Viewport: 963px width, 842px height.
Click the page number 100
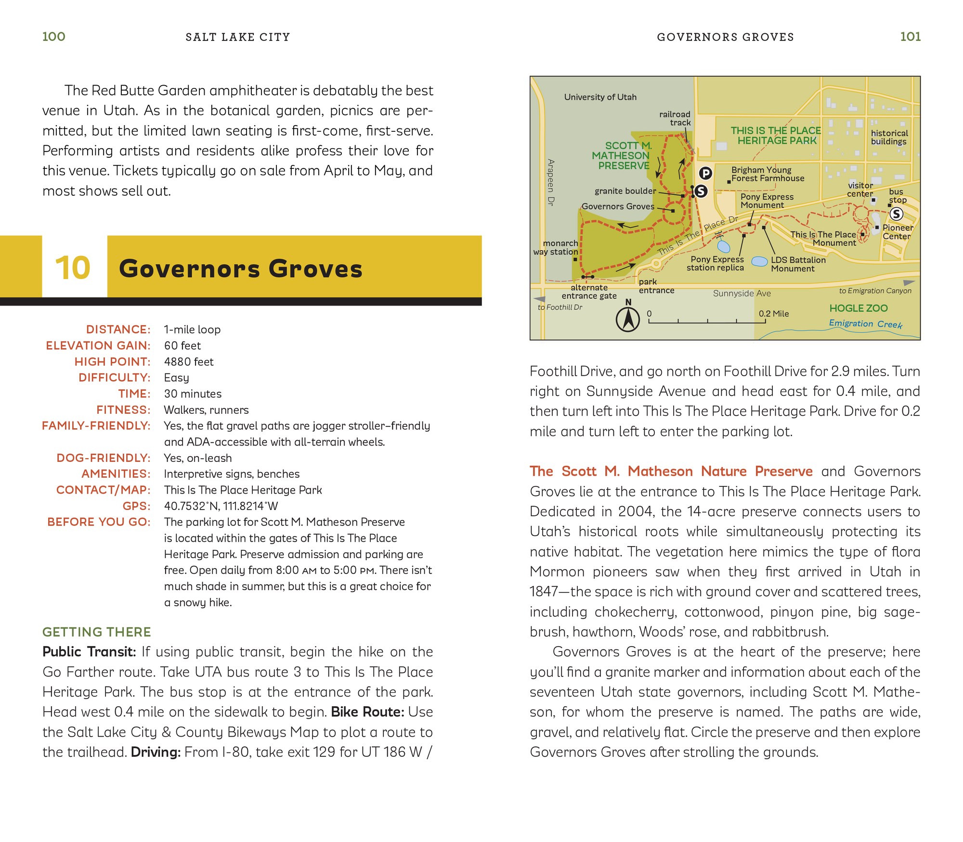[53, 37]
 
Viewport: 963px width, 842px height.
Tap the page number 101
[910, 37]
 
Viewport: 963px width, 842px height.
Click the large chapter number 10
[73, 268]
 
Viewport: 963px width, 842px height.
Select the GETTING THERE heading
[97, 632]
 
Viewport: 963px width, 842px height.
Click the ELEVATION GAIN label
[98, 345]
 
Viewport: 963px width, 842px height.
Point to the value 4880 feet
[189, 362]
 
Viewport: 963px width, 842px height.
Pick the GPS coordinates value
[221, 506]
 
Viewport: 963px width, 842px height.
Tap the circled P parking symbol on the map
[705, 173]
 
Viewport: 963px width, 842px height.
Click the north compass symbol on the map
[628, 319]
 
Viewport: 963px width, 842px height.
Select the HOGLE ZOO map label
[858, 308]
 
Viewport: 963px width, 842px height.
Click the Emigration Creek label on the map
[865, 324]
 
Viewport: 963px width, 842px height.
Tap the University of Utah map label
[600, 97]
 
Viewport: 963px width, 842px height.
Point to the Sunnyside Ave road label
[742, 293]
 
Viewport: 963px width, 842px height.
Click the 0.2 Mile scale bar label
[774, 314]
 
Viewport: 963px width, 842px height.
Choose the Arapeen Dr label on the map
[551, 182]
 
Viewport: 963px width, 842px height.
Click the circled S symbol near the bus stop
[896, 214]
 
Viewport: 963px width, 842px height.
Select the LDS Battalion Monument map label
[798, 264]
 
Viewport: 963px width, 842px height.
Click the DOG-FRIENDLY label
[103, 458]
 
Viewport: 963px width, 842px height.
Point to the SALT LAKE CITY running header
[238, 37]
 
